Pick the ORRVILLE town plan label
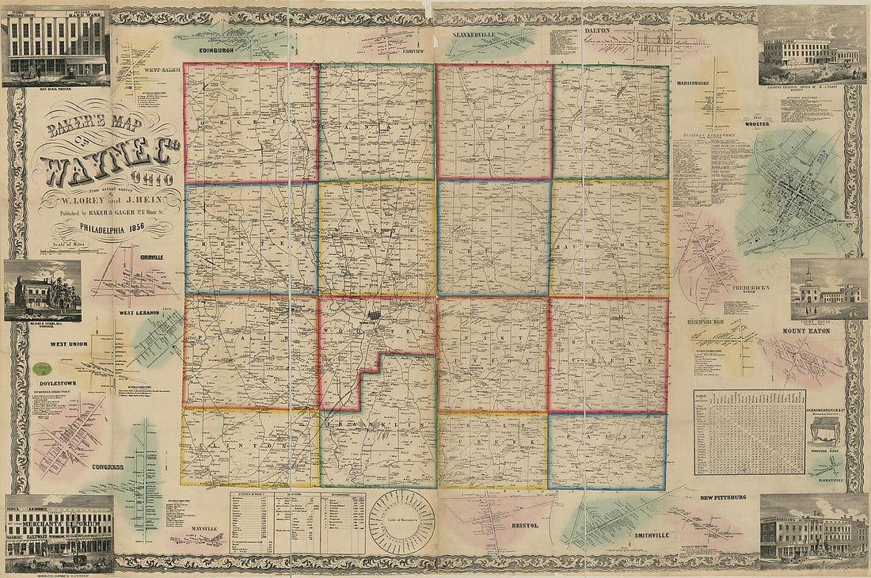(x=151, y=258)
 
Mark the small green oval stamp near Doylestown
(x=42, y=368)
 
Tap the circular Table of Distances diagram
(x=401, y=521)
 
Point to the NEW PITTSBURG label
(x=722, y=497)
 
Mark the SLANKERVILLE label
(x=474, y=36)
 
